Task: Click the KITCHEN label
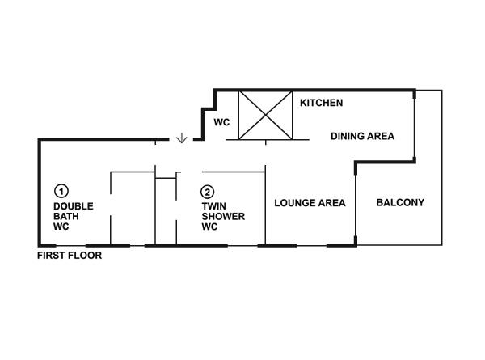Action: (322, 104)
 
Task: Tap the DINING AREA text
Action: (362, 137)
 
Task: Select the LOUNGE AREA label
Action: (310, 203)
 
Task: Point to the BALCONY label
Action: (400, 203)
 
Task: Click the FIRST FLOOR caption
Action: (70, 256)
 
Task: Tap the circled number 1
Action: (61, 192)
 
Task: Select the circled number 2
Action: (208, 192)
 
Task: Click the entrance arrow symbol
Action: (181, 138)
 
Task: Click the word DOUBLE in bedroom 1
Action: (74, 206)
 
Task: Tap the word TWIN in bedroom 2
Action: (213, 206)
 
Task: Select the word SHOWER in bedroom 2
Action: (223, 217)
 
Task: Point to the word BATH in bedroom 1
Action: (66, 217)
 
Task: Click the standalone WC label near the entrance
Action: (222, 123)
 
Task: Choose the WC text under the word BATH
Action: (61, 227)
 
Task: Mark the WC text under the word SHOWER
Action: (209, 227)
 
